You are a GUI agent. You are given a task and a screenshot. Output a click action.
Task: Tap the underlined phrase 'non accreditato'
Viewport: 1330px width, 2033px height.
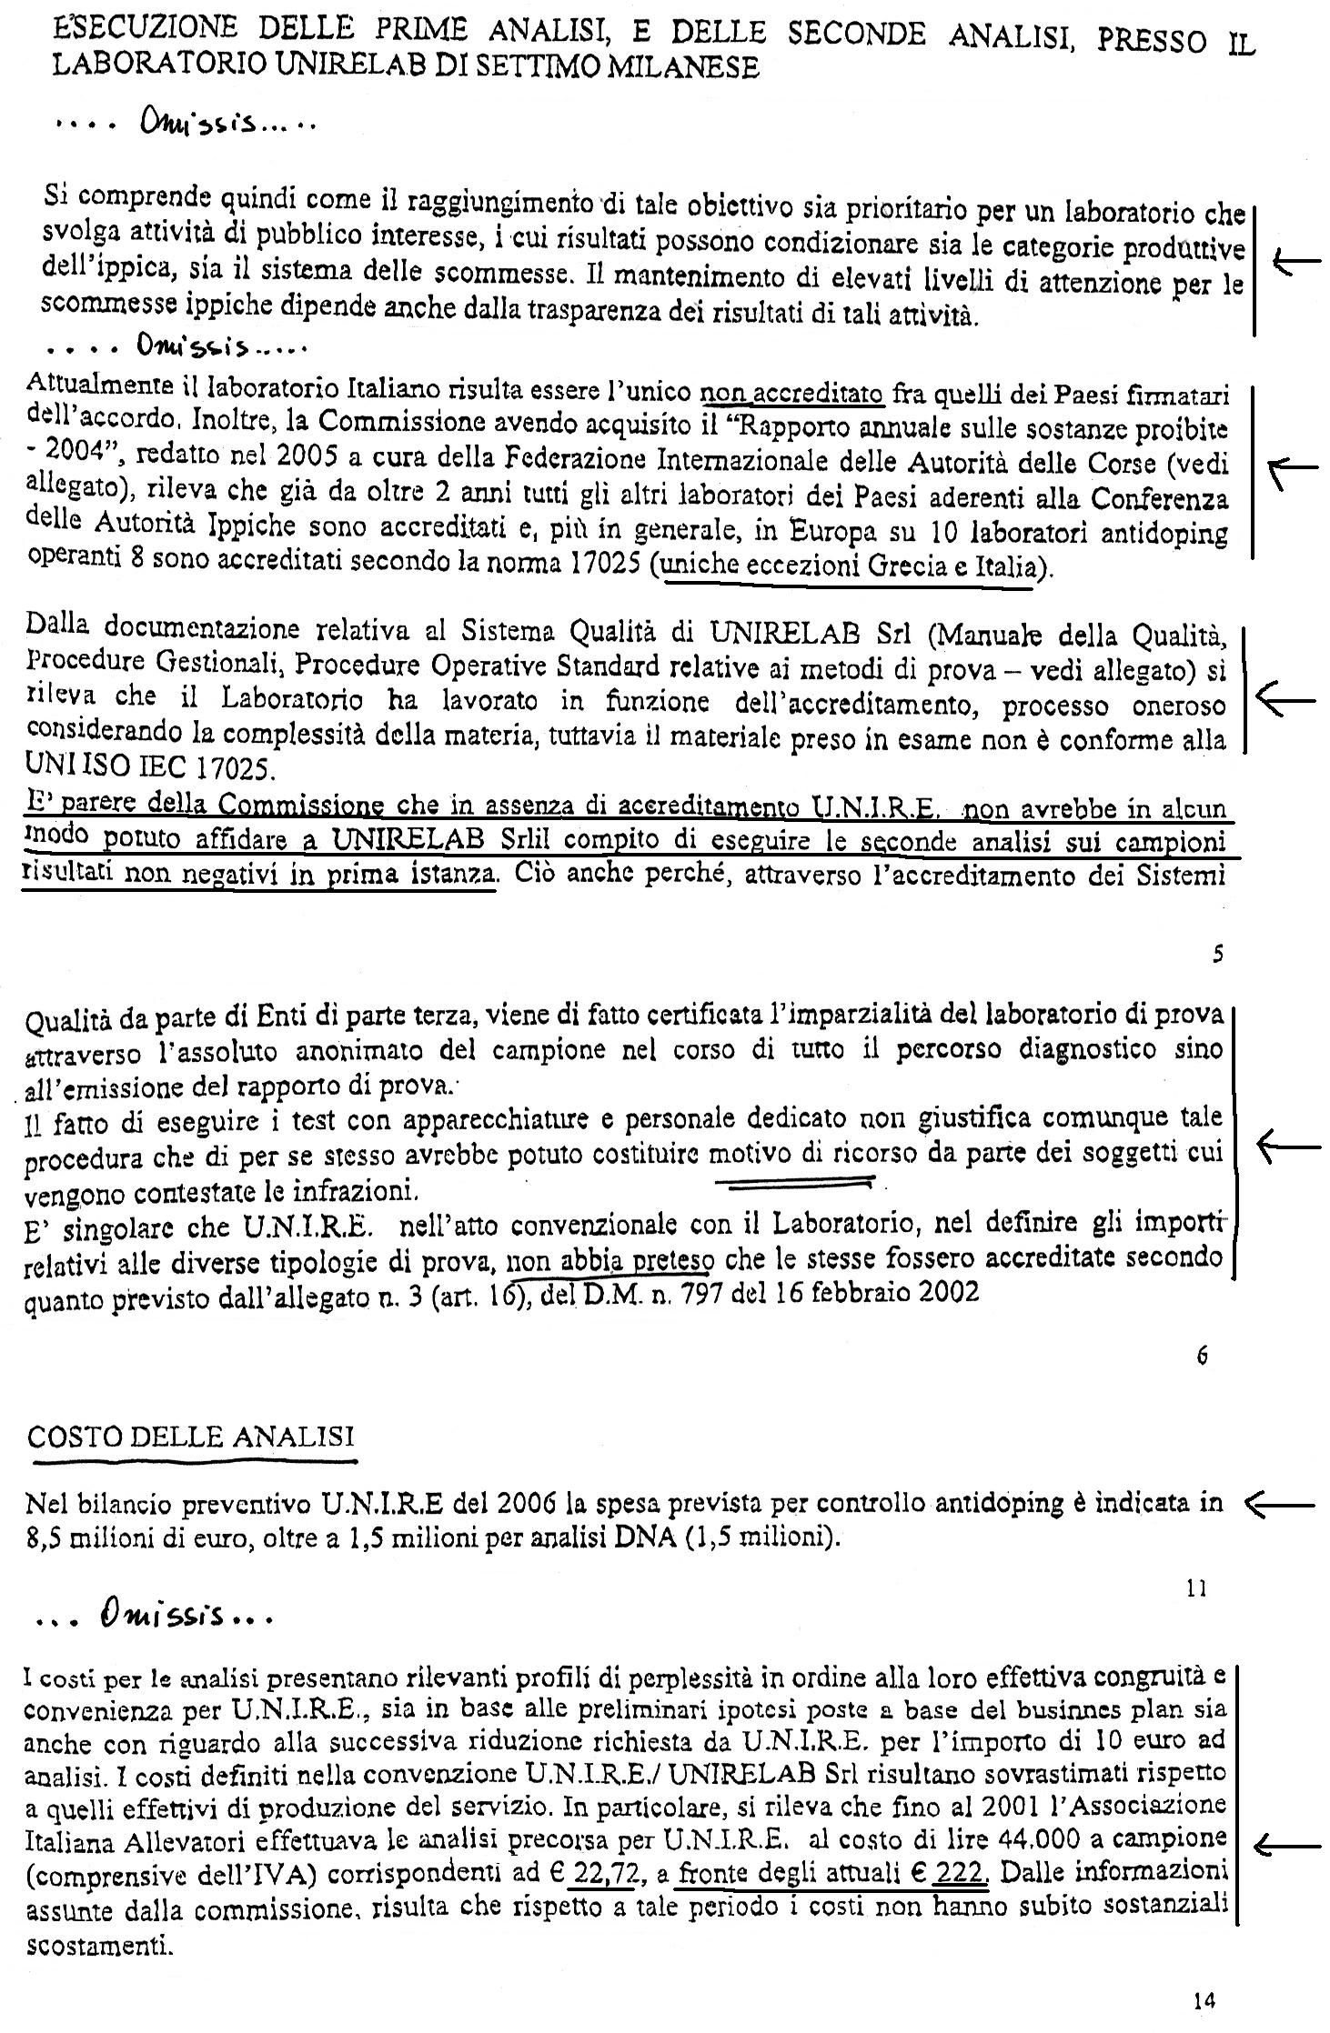click(791, 395)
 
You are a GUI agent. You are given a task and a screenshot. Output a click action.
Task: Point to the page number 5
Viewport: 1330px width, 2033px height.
click(1218, 954)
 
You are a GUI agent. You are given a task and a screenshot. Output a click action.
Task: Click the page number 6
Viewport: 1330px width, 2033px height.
click(1202, 1356)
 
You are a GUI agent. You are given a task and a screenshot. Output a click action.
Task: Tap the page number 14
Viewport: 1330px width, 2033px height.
click(1204, 2000)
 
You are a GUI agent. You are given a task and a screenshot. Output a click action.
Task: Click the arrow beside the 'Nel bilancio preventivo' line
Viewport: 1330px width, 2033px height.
click(1278, 1506)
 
